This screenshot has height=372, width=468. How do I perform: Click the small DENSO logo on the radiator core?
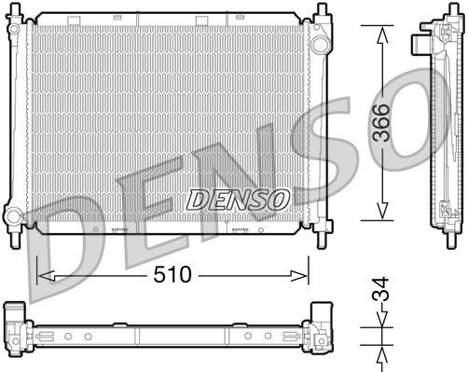click(x=238, y=198)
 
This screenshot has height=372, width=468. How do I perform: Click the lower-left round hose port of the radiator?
click(x=13, y=216)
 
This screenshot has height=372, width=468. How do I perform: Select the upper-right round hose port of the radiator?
click(x=319, y=45)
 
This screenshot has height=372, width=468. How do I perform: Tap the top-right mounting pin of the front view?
click(x=322, y=11)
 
